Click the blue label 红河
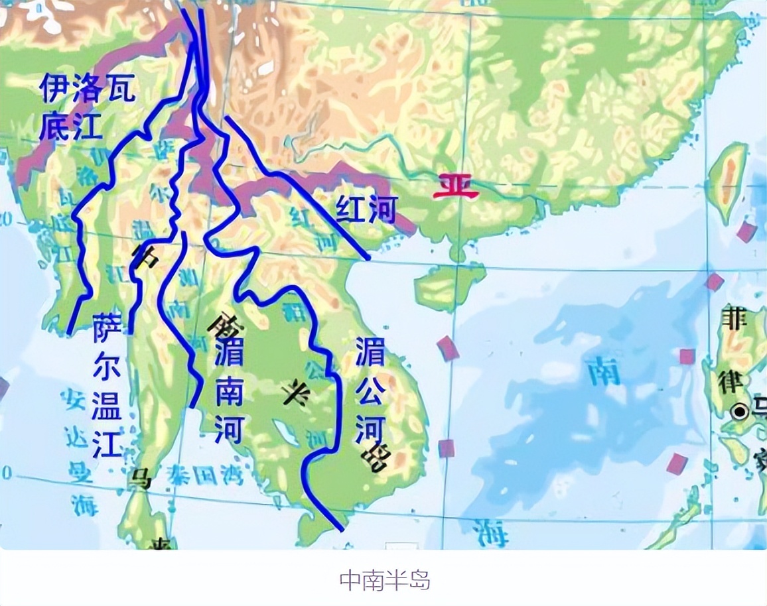pos(366,209)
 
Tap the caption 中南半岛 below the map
pos(385,580)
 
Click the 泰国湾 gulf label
pos(206,476)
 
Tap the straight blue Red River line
pos(299,186)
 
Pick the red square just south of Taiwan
pos(746,232)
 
